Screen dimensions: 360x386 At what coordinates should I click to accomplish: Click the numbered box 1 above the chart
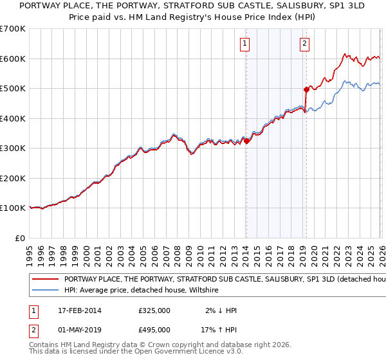[x=246, y=44]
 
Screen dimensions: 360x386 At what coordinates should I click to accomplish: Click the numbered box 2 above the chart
[x=304, y=44]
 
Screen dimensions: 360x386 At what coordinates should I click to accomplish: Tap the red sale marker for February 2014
[x=246, y=141]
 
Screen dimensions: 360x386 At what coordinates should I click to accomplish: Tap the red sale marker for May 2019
[x=306, y=90]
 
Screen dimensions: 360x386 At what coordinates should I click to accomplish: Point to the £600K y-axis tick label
[x=13, y=59]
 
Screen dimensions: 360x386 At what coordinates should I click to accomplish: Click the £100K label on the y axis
[x=13, y=208]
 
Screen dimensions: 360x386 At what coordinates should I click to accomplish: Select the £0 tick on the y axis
[x=21, y=238]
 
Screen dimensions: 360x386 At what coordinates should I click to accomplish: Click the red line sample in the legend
[x=46, y=280]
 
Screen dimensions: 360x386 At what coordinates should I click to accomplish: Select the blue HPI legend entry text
[x=142, y=291]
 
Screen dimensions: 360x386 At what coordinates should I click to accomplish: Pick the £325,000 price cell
[x=154, y=310]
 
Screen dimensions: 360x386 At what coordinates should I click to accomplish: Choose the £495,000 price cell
[x=154, y=329]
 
